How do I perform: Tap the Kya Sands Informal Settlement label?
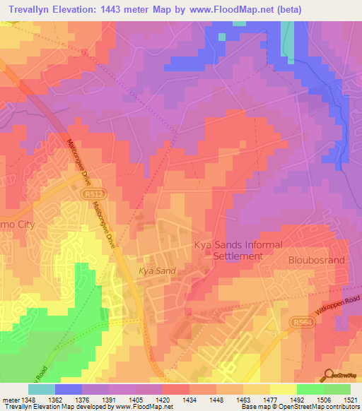tap(238, 251)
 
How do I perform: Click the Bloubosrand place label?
tap(315, 260)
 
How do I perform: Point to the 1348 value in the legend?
tap(29, 400)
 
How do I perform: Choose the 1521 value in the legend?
tap(350, 400)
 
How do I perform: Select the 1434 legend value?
tap(189, 400)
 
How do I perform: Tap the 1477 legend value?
tap(269, 400)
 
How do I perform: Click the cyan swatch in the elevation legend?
tap(42, 389)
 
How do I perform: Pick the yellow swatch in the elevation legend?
tap(283, 389)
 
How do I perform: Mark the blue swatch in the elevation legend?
tap(69, 389)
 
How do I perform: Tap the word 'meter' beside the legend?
tap(11, 400)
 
